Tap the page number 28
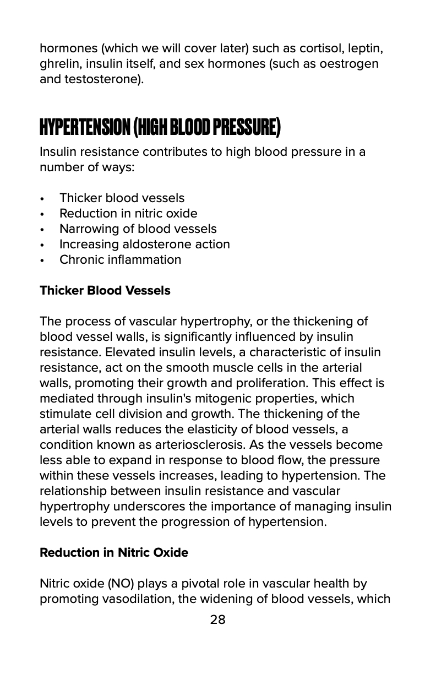218,619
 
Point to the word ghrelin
58,63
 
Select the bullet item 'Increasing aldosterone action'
144,244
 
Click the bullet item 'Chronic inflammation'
120,259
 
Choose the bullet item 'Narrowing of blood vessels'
138,229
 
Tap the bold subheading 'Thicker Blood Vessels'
105,290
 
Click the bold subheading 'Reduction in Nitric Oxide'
114,552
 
